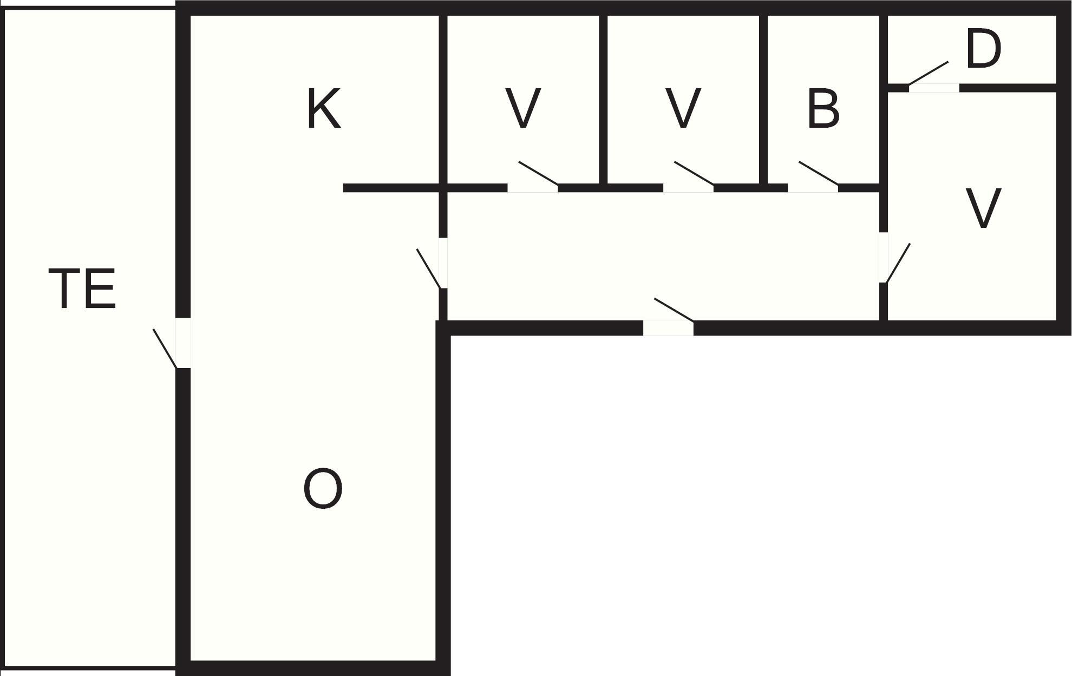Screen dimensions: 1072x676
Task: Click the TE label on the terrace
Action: (x=82, y=290)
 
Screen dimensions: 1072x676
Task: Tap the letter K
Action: (x=324, y=109)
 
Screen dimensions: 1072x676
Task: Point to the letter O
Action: (x=323, y=489)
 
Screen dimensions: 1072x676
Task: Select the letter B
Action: (x=823, y=109)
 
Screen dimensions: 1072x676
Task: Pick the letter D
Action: (x=983, y=49)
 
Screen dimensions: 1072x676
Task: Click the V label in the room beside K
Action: (x=522, y=109)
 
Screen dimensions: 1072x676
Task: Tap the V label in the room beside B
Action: (x=683, y=109)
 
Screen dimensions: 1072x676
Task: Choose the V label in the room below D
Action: (x=983, y=208)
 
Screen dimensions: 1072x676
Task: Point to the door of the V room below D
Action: (x=894, y=258)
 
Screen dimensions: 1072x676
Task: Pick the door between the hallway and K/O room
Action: (x=432, y=263)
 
